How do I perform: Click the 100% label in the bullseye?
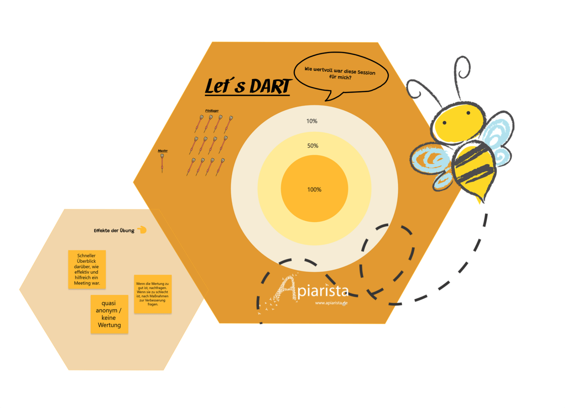click(314, 190)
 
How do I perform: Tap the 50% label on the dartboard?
click(313, 146)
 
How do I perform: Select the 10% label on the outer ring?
click(312, 121)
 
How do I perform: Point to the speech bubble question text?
click(340, 73)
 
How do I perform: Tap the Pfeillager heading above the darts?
click(212, 111)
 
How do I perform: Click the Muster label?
click(163, 151)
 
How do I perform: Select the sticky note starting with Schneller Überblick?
click(87, 269)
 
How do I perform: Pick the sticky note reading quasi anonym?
click(109, 314)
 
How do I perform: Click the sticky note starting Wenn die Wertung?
click(153, 294)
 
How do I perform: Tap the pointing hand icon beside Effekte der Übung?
click(142, 230)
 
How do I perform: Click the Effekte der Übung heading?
click(114, 231)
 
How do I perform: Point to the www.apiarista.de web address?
click(331, 303)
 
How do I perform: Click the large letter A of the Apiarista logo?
click(287, 289)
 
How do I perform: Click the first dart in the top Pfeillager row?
click(199, 124)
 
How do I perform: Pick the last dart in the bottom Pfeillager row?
click(220, 167)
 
